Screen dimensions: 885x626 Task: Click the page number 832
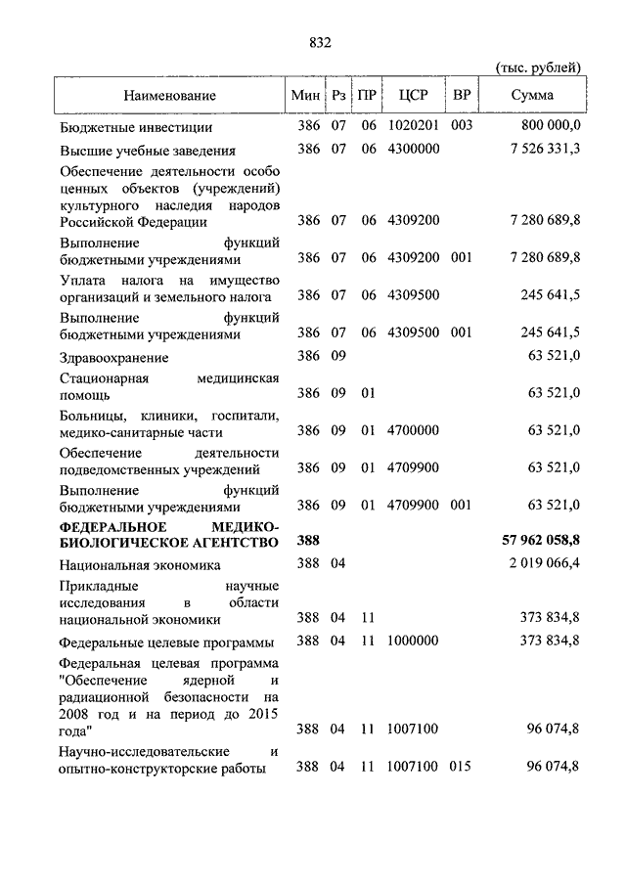[320, 42]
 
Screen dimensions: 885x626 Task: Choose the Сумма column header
[532, 95]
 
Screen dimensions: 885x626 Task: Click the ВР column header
[460, 95]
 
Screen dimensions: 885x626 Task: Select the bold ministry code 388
[308, 540]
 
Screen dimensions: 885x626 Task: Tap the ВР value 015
[461, 768]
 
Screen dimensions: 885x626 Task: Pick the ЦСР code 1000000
[413, 641]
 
